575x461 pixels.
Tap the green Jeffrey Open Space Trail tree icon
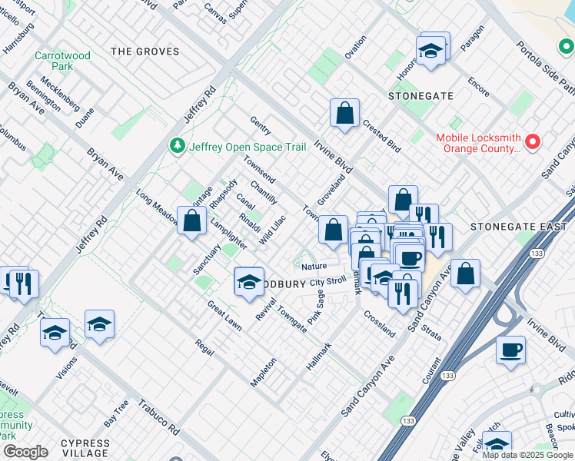click(178, 145)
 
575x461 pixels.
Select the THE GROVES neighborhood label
click(145, 51)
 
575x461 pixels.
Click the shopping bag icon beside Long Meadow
click(191, 221)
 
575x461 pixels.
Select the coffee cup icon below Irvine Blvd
click(510, 350)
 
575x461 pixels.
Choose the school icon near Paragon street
click(431, 50)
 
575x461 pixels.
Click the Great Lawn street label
click(224, 316)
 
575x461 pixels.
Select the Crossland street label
click(379, 323)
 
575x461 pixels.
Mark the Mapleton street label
click(263, 372)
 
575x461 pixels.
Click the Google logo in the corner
click(25, 452)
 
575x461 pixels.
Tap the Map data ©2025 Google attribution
click(527, 455)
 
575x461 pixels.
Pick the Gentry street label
click(261, 124)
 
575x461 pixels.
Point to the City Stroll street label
click(328, 283)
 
